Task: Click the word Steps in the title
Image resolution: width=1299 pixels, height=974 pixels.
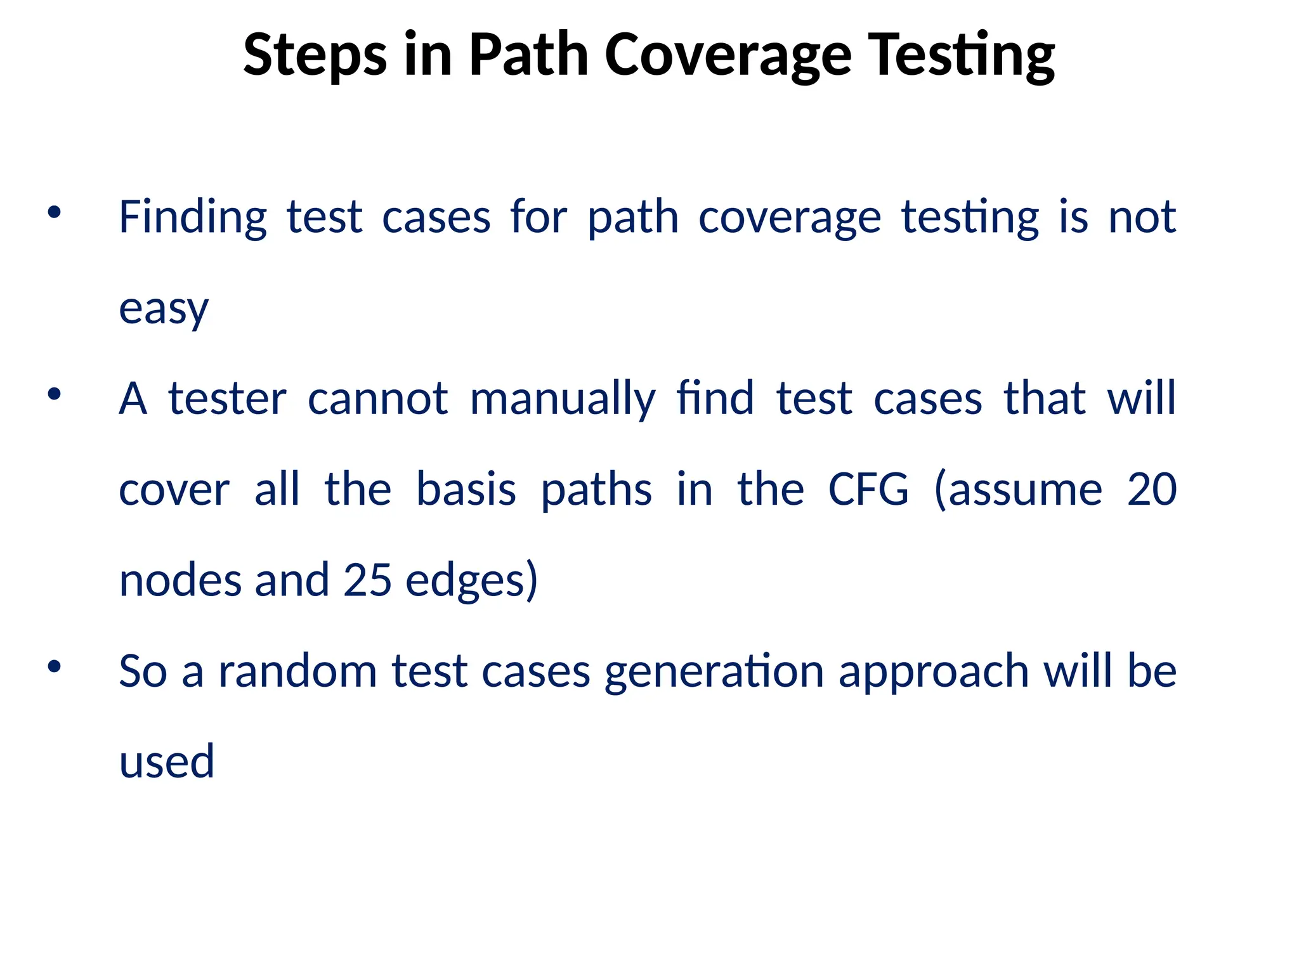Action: coord(315,56)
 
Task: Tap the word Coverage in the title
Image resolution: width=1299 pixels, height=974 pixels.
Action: coord(728,56)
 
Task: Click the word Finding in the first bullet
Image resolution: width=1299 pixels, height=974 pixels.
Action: coord(193,218)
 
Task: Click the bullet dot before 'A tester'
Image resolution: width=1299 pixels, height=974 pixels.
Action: coord(55,394)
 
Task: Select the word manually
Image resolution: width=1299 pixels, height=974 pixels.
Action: coord(563,400)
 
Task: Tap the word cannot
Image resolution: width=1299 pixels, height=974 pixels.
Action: coord(378,399)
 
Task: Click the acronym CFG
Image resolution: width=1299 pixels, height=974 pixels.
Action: coord(868,490)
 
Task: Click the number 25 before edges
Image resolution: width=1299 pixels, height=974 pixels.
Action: coord(367,580)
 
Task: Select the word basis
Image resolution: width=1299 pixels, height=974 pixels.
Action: coord(466,490)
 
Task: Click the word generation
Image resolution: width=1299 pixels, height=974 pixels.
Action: coord(714,672)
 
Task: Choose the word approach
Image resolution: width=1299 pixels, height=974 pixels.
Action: coord(934,672)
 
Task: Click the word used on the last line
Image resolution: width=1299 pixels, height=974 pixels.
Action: coord(167,761)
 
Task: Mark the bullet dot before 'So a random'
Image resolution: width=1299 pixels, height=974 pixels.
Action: coord(55,666)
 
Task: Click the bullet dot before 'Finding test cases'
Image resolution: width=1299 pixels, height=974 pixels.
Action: coord(55,213)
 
